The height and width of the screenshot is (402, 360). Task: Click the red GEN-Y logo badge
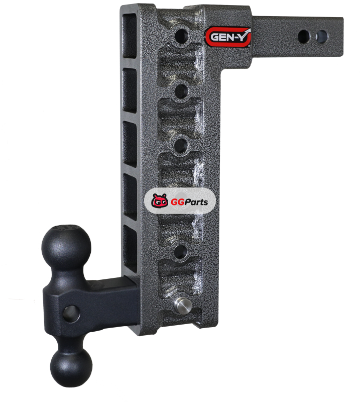[x=227, y=37]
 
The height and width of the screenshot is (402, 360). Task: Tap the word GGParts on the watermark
[x=189, y=202]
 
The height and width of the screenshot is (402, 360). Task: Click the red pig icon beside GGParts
[x=159, y=200]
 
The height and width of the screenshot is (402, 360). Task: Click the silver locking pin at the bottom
[x=183, y=305]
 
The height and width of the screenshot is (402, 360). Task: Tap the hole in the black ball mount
[x=71, y=314]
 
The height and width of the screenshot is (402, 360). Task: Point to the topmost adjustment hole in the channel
[x=181, y=36]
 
